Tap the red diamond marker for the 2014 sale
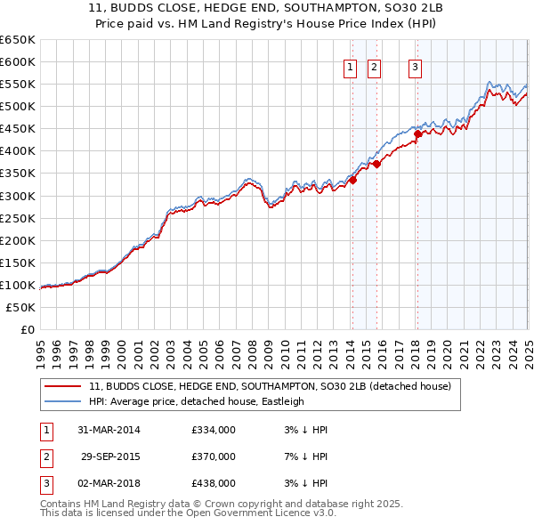point(352,180)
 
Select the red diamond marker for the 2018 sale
point(417,134)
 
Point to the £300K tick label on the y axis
point(18,196)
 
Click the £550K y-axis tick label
point(18,85)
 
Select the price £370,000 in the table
point(214,456)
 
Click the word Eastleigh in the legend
point(283,401)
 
